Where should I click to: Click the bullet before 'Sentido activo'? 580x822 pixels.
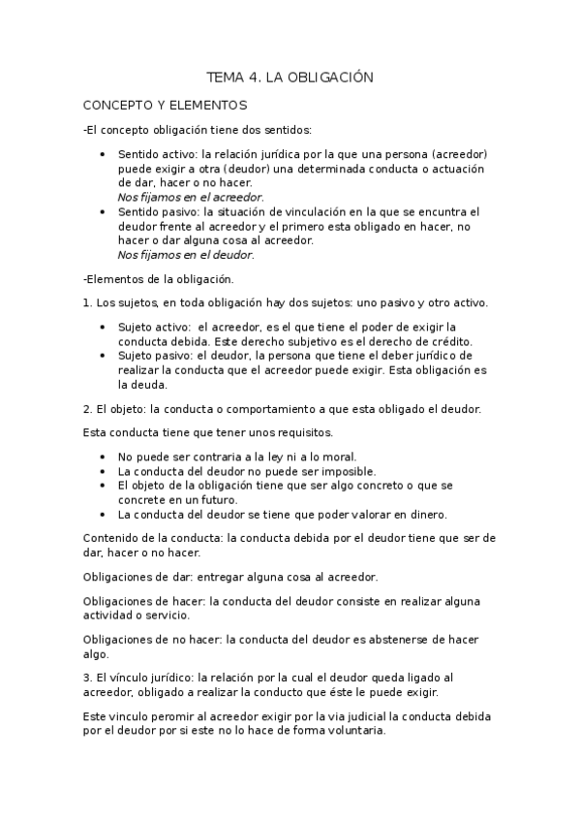104,154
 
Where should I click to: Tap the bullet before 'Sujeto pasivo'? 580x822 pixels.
104,356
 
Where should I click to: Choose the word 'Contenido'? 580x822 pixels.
112,537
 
